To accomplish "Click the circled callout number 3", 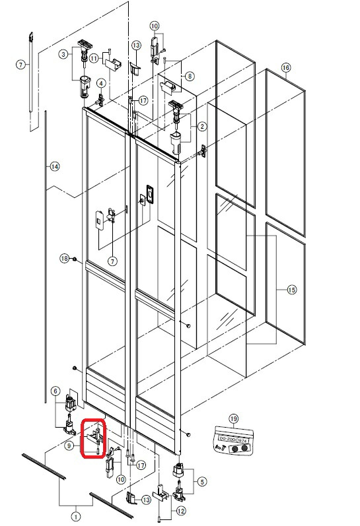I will coord(63,53).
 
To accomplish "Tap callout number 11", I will coord(94,58).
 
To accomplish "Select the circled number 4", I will coord(101,83).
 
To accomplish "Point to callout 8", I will coord(190,76).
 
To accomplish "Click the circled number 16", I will coord(285,67).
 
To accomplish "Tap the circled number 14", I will coord(55,167).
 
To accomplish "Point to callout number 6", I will coord(55,391).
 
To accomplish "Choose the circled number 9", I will coord(69,446).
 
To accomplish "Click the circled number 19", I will coord(233,418).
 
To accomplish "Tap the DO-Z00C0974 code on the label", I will coord(233,437).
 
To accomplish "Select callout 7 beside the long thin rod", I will coord(20,64).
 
